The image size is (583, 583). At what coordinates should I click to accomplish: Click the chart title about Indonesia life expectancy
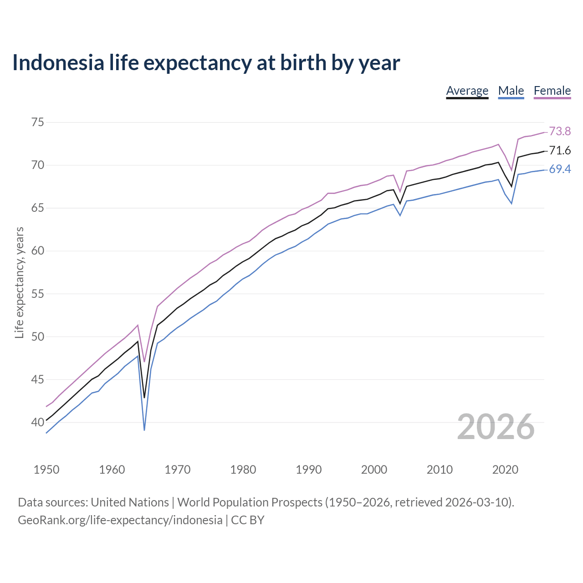206,62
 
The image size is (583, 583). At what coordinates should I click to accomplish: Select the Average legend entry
467,91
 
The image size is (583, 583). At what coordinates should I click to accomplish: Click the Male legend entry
511,91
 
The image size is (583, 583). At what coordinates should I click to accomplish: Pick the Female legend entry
552,91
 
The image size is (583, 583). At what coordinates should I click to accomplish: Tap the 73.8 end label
560,131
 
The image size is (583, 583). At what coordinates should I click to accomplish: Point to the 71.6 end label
560,150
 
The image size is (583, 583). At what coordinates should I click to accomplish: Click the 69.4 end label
560,169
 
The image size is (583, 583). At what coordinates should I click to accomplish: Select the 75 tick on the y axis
37,122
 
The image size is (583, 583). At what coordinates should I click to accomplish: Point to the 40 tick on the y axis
37,422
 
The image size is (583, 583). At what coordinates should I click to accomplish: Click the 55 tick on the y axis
37,294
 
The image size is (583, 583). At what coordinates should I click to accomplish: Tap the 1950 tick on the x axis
46,470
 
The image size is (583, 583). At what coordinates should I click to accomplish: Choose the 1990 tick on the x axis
308,470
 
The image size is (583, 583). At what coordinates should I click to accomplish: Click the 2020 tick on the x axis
505,470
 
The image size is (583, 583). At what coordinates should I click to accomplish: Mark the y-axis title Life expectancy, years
19,283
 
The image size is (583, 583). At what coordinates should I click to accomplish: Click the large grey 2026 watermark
496,427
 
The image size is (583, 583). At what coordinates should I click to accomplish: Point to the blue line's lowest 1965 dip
144,430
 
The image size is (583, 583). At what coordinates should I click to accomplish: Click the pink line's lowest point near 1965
144,361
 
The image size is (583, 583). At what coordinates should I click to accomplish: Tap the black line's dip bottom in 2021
511,186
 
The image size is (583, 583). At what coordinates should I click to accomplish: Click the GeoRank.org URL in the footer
120,520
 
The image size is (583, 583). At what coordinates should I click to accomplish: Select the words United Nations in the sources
130,502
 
